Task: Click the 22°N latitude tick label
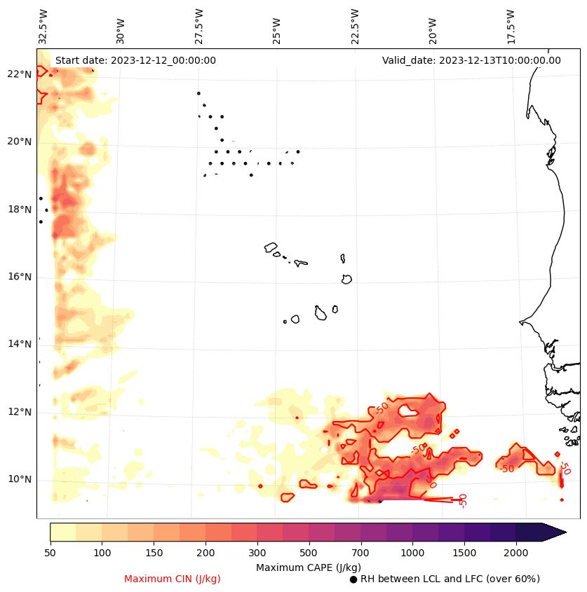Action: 20,74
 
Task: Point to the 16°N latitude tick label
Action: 20,277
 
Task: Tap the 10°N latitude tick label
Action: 20,480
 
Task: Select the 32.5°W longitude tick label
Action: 43,26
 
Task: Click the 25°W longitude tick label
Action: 276,30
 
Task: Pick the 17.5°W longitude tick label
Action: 510,26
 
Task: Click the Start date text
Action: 135,60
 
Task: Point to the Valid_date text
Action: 471,60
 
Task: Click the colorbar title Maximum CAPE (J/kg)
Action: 308,567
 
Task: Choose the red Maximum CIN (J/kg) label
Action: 173,579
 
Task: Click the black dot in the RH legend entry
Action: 353,579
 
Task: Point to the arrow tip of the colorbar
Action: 565,532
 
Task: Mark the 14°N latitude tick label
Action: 20,344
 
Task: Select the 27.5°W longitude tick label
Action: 198,26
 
